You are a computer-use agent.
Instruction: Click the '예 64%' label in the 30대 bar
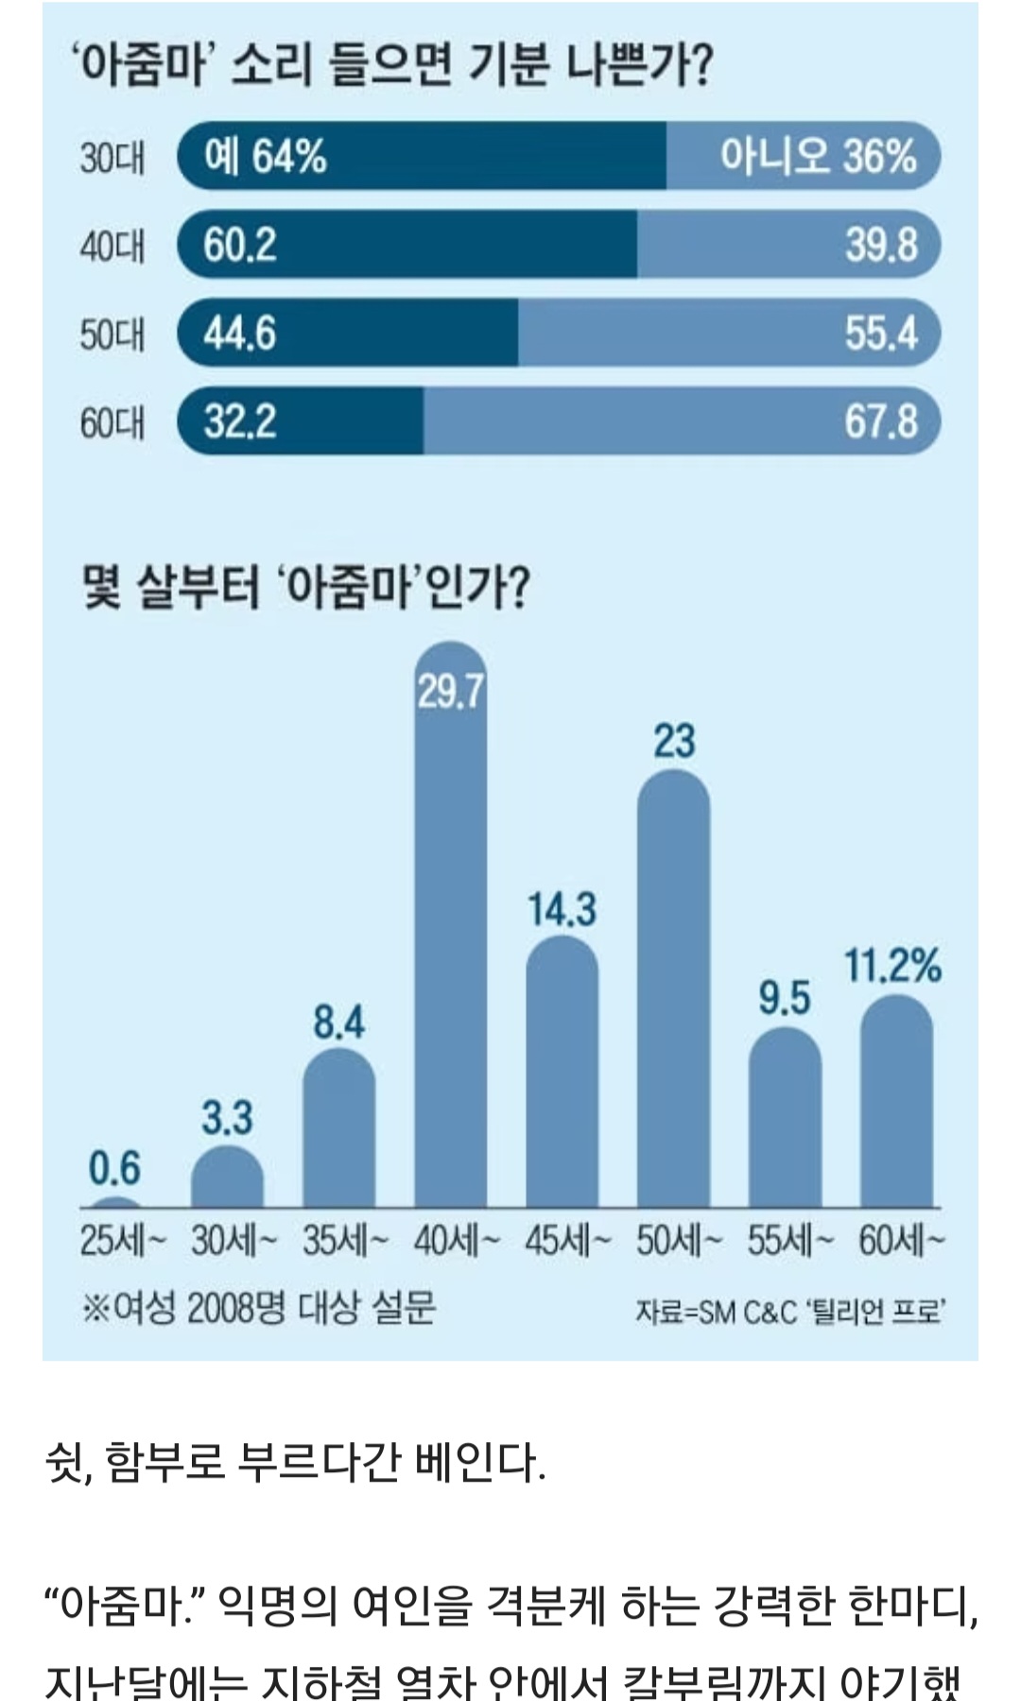click(265, 156)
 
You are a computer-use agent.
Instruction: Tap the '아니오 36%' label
click(818, 156)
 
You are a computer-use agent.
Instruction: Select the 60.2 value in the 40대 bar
click(239, 245)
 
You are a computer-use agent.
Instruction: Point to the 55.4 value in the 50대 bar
click(880, 333)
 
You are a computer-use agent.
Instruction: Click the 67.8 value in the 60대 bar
click(880, 421)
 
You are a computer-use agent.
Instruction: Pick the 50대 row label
click(112, 335)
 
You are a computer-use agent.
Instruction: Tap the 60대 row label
click(112, 422)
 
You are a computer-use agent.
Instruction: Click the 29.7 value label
click(451, 692)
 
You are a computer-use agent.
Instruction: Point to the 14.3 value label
click(562, 909)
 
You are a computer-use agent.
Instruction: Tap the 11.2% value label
click(891, 966)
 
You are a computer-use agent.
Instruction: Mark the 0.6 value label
click(114, 1169)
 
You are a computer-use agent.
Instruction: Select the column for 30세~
click(227, 1178)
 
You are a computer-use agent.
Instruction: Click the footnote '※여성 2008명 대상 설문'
click(258, 1309)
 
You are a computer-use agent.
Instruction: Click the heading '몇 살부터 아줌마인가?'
click(305, 588)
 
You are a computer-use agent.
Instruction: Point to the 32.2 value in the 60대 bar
click(239, 421)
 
